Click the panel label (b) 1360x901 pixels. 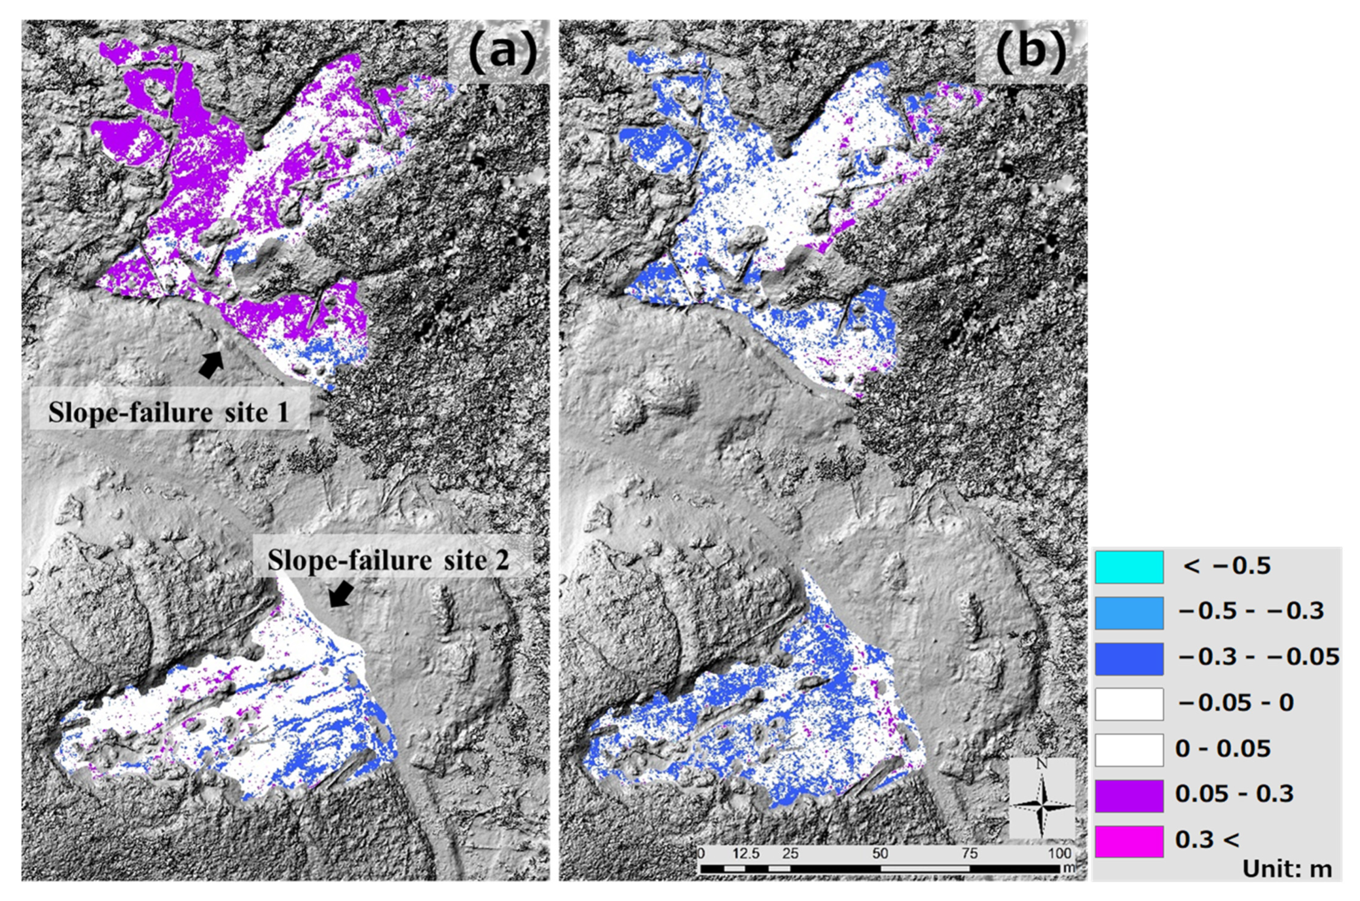tap(1031, 53)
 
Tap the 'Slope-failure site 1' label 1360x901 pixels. tap(168, 413)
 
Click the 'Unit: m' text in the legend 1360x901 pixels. tap(1287, 869)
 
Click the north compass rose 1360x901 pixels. tap(1042, 798)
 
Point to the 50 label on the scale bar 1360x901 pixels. tap(880, 853)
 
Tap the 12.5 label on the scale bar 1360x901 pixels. tap(746, 853)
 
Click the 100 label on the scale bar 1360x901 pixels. tap(1059, 853)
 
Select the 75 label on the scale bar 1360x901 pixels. tap(970, 853)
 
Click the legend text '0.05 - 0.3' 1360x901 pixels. tap(1234, 794)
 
